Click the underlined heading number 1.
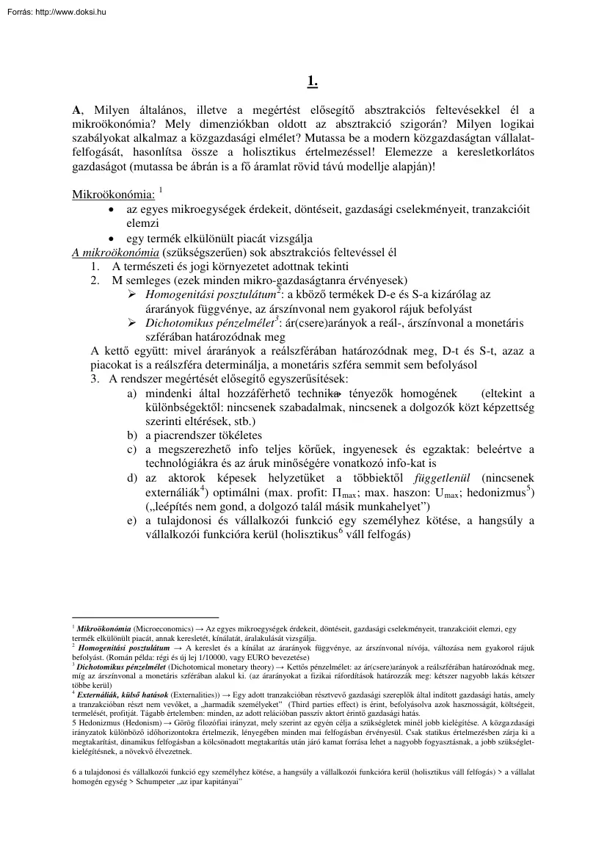coord(312,82)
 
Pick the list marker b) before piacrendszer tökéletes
coord(132,435)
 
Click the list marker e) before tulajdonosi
coord(132,521)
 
